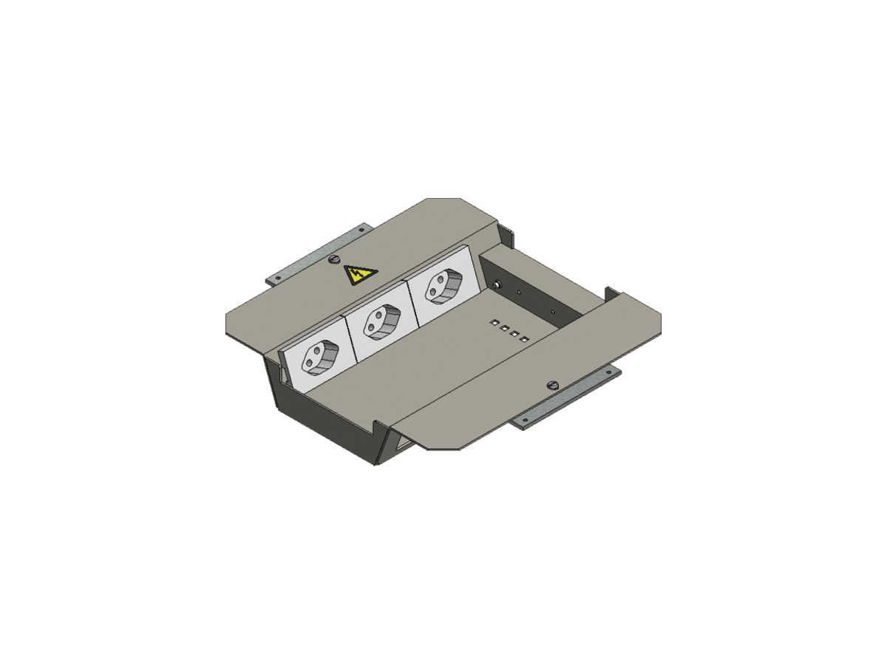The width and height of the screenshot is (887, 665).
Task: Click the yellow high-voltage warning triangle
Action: (x=360, y=276)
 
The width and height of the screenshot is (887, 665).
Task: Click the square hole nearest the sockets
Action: (x=492, y=323)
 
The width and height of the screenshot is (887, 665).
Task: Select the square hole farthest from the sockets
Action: (x=525, y=339)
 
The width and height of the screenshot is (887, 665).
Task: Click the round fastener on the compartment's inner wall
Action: (x=497, y=285)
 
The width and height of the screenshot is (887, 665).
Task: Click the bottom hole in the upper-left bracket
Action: (x=277, y=279)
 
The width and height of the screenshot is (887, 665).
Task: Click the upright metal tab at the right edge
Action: (x=611, y=293)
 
